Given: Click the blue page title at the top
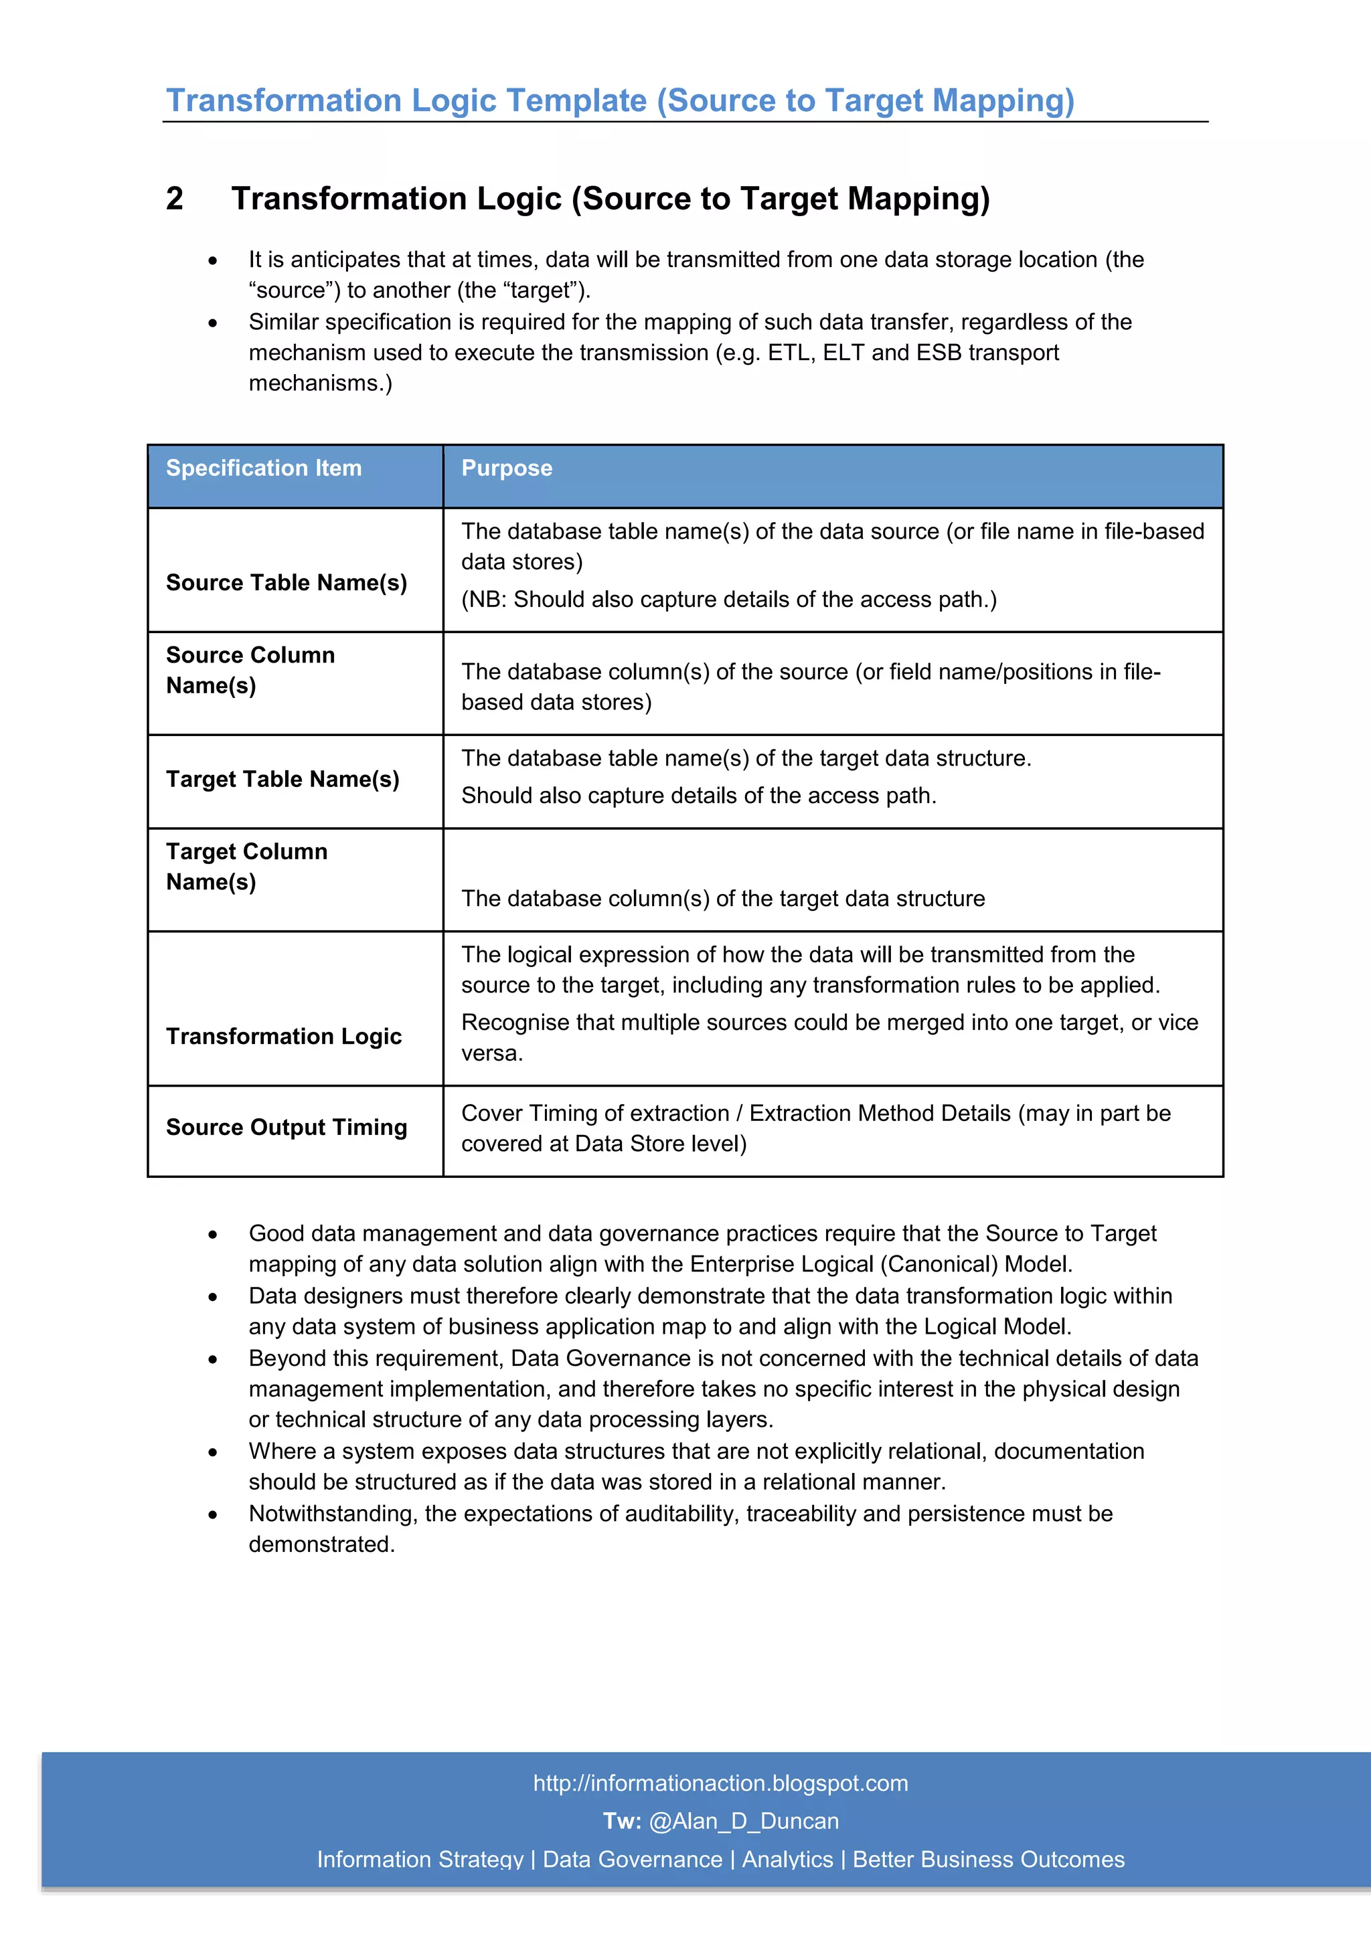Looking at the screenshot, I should coord(620,100).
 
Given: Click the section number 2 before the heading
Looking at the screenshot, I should coord(175,198).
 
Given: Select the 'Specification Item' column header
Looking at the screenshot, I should coord(263,468).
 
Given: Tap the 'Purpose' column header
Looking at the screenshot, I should coord(507,468).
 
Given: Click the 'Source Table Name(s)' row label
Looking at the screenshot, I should coord(287,582).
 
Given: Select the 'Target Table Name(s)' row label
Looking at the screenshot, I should coord(282,779).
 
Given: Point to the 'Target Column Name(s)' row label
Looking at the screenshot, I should coord(246,866).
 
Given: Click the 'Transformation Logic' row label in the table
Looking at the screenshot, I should coord(284,1036).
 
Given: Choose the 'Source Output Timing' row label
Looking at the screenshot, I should coord(287,1127).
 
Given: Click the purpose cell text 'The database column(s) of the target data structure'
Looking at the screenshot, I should coord(722,898).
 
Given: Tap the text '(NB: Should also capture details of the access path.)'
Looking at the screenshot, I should coord(728,600).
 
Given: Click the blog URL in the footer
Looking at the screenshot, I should coord(720,1783).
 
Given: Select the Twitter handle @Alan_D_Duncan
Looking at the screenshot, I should coord(743,1821).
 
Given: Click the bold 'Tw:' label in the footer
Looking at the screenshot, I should coord(621,1821).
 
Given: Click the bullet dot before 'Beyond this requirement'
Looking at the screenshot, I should coord(213,1359).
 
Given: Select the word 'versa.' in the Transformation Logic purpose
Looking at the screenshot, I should coord(492,1053).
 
